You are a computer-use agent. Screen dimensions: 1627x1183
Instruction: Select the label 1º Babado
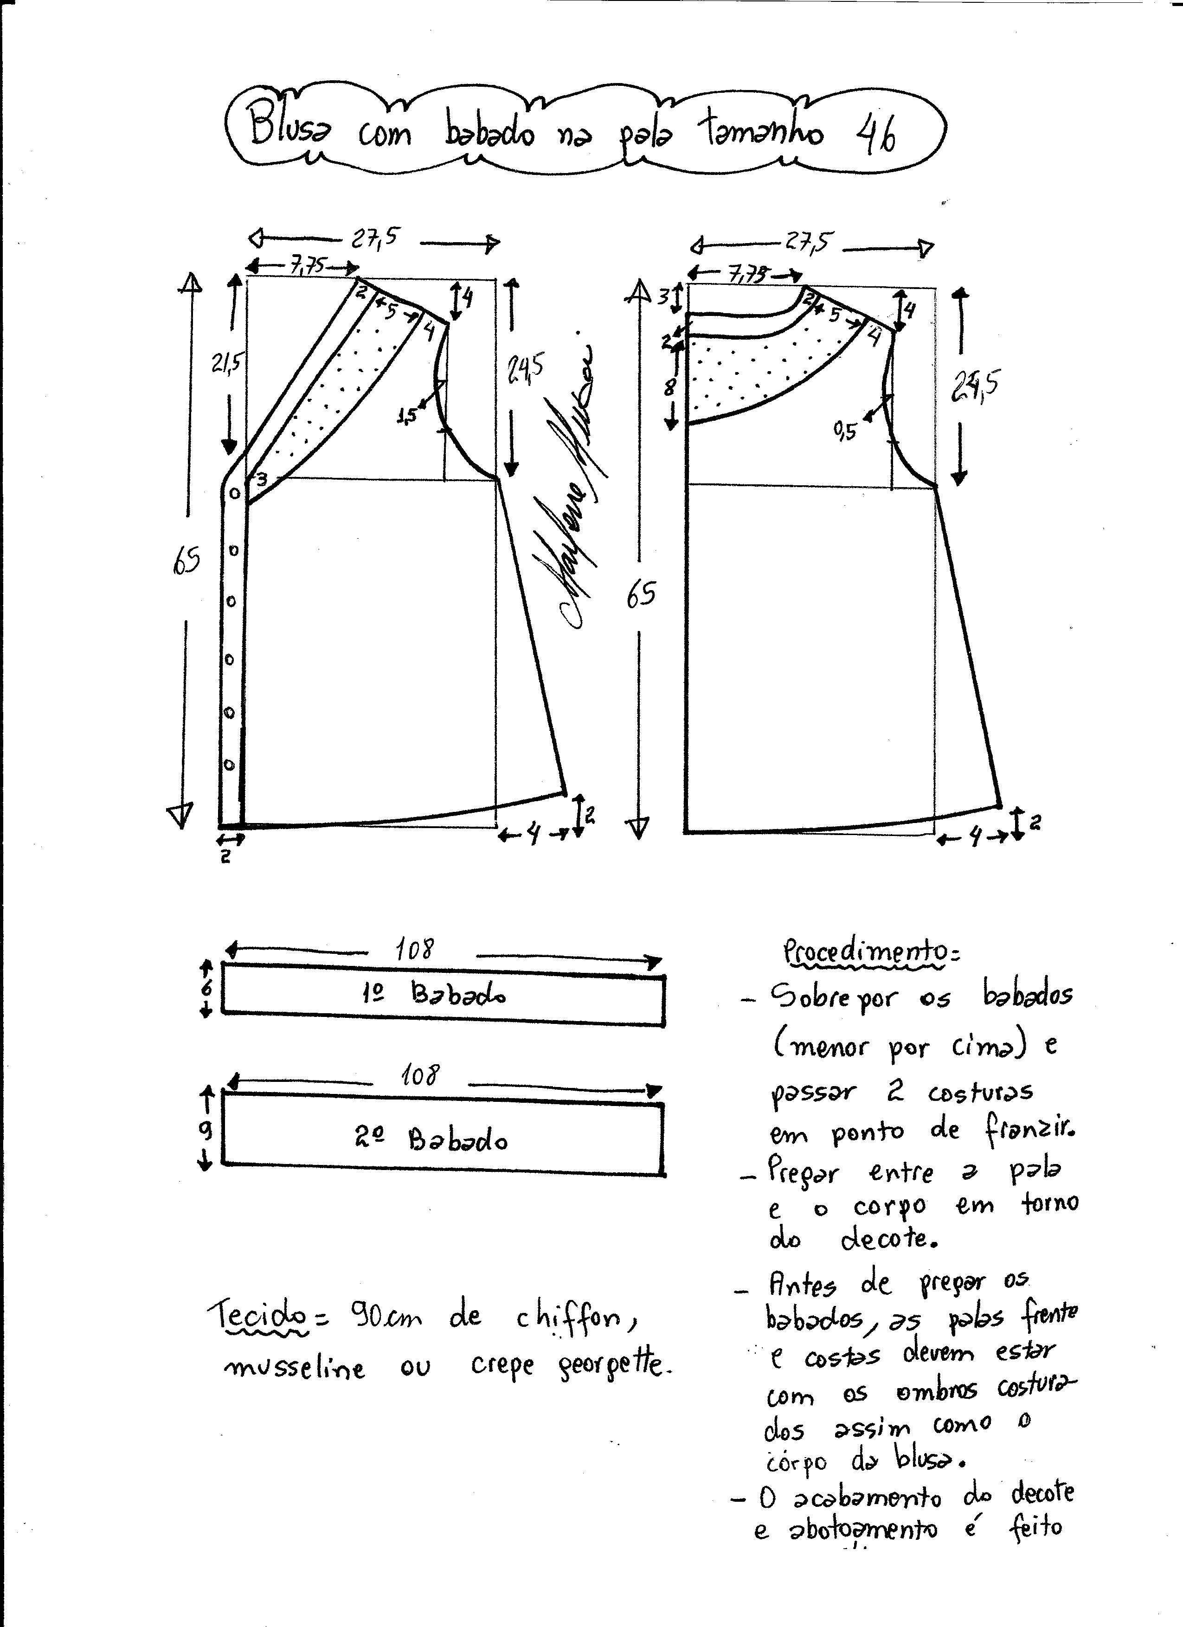(x=438, y=994)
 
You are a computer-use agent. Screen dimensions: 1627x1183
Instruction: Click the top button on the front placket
(x=234, y=494)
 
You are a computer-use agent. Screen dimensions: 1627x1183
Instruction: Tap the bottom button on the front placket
(x=230, y=765)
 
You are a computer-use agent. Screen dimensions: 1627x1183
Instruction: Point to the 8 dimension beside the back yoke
(x=669, y=387)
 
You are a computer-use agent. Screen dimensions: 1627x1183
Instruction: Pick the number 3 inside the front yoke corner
(x=262, y=478)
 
